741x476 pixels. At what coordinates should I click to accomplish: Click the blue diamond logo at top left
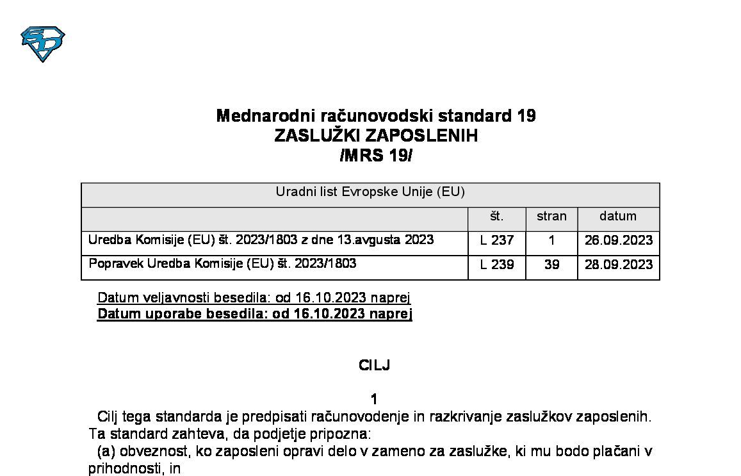tap(43, 44)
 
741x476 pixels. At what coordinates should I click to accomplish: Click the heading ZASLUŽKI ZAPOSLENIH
tap(376, 136)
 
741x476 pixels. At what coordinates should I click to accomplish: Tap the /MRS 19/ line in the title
tap(376, 156)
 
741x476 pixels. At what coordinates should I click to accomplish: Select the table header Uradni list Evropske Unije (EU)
tap(370, 192)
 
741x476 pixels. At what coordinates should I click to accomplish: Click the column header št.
tap(496, 217)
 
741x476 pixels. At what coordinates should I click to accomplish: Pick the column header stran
tap(551, 217)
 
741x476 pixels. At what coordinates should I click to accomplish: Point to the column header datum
tap(618, 217)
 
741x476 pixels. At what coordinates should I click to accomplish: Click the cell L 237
tap(496, 241)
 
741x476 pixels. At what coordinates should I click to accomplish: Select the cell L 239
tap(496, 265)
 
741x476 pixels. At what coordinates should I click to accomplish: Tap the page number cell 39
tap(551, 265)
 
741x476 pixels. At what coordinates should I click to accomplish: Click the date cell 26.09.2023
tap(618, 241)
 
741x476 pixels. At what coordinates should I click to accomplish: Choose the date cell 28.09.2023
tap(618, 265)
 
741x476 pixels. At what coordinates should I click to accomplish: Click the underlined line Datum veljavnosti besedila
tap(254, 298)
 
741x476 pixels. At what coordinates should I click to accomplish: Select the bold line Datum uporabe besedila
tap(254, 314)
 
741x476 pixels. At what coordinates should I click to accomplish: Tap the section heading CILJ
tap(375, 366)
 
